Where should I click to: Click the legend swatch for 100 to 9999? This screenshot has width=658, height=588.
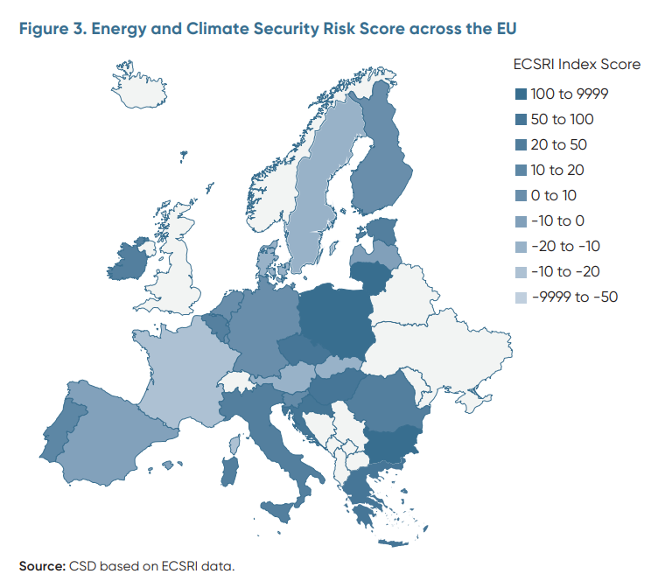521,94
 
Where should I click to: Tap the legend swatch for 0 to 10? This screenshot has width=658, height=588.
521,195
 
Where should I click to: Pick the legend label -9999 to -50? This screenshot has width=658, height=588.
574,297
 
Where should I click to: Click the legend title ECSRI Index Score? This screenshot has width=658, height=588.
577,65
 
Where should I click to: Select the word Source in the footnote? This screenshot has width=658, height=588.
40,566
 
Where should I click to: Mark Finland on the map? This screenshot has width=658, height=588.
378,166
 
